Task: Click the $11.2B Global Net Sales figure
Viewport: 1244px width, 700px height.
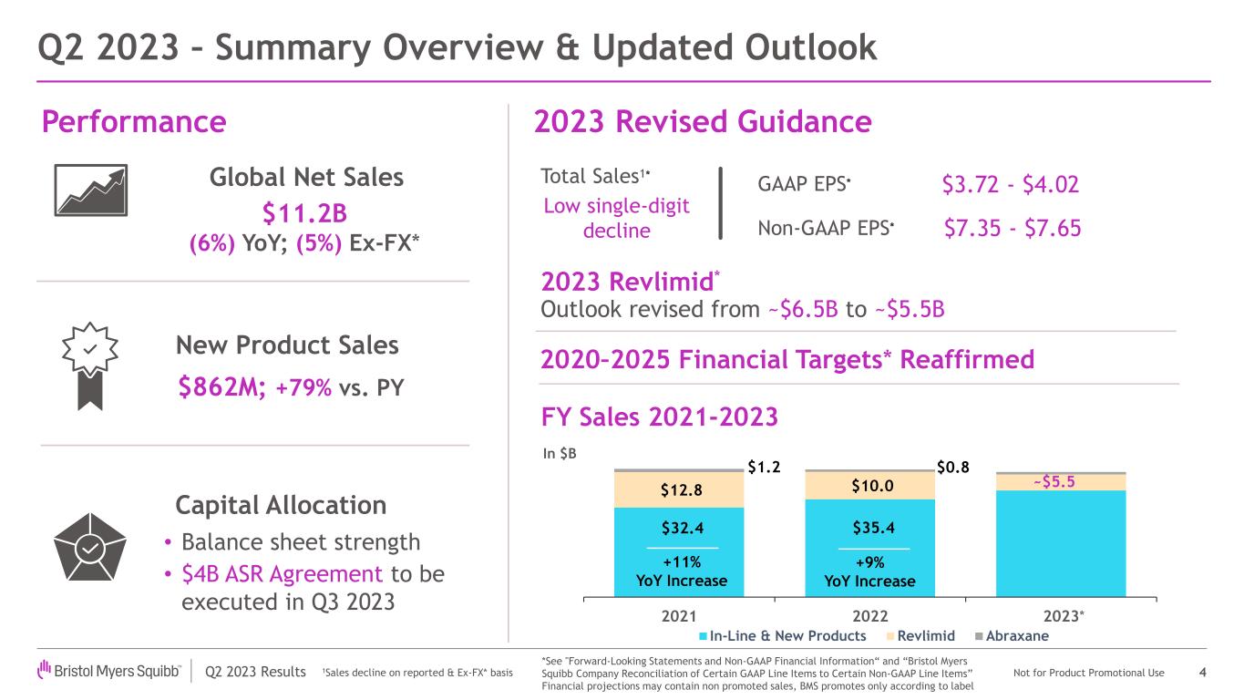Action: [x=304, y=213]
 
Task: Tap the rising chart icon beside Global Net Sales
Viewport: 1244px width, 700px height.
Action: [x=91, y=190]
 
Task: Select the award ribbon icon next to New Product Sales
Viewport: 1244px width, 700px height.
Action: [x=90, y=366]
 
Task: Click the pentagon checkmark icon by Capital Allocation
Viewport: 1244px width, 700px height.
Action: [x=90, y=547]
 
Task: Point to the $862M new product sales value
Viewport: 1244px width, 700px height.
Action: [x=221, y=386]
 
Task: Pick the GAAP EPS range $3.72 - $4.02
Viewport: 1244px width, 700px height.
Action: [x=1010, y=184]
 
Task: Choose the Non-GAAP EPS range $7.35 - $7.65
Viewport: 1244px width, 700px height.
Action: [x=1013, y=229]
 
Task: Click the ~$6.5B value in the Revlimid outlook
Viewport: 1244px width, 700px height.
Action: [x=803, y=310]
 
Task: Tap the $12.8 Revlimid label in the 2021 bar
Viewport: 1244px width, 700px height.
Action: [x=682, y=490]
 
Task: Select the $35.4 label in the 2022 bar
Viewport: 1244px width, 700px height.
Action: [x=874, y=527]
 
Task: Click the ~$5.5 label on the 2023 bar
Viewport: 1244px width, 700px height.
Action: [x=1054, y=481]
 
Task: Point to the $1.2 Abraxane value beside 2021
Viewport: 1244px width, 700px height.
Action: [x=764, y=467]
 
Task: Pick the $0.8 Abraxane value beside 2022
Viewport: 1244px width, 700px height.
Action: [x=953, y=468]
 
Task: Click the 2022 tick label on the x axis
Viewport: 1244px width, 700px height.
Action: [x=870, y=616]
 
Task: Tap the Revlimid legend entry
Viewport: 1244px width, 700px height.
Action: [x=920, y=636]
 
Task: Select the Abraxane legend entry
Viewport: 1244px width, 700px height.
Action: [x=1012, y=636]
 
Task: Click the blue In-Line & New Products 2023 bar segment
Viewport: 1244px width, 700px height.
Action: [x=1061, y=544]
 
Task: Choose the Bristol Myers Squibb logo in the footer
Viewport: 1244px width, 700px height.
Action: [x=108, y=671]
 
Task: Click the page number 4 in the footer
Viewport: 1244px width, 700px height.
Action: [x=1202, y=673]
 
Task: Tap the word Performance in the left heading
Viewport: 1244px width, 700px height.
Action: [x=134, y=121]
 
